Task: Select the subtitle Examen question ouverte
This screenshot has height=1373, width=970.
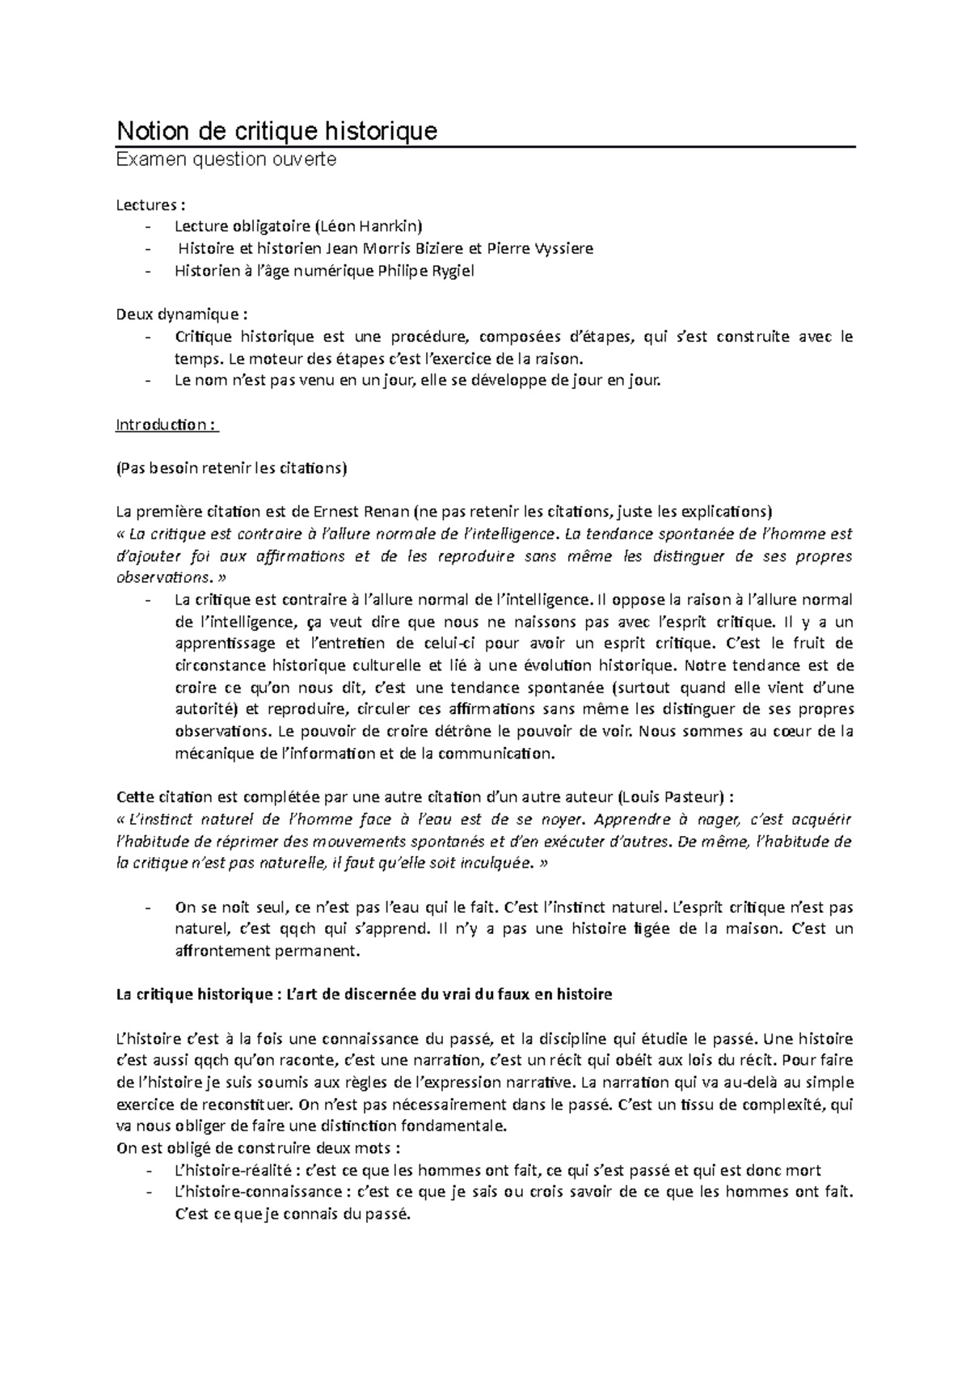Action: [226, 160]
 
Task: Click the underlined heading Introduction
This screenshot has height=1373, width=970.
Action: [165, 425]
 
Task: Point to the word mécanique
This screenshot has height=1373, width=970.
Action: [213, 754]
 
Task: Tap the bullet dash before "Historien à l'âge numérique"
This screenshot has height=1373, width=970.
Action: [146, 271]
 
